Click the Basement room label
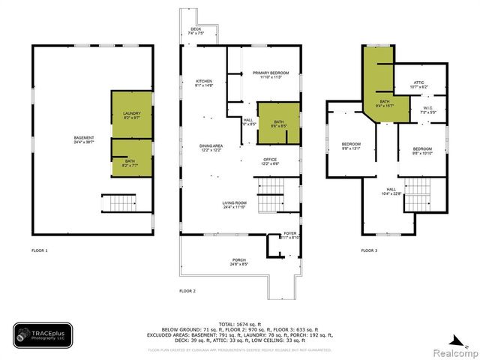pyautogui.click(x=83, y=139)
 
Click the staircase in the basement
pyautogui.click(x=117, y=202)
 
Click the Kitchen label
pyautogui.click(x=205, y=83)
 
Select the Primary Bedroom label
pyautogui.click(x=270, y=74)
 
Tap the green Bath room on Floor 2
pyautogui.click(x=278, y=124)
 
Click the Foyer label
pyautogui.click(x=289, y=236)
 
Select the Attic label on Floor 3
pyautogui.click(x=419, y=85)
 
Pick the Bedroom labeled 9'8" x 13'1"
pyautogui.click(x=351, y=145)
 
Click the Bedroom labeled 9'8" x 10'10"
pyautogui.click(x=421, y=150)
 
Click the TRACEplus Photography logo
pyautogui.click(x=43, y=334)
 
